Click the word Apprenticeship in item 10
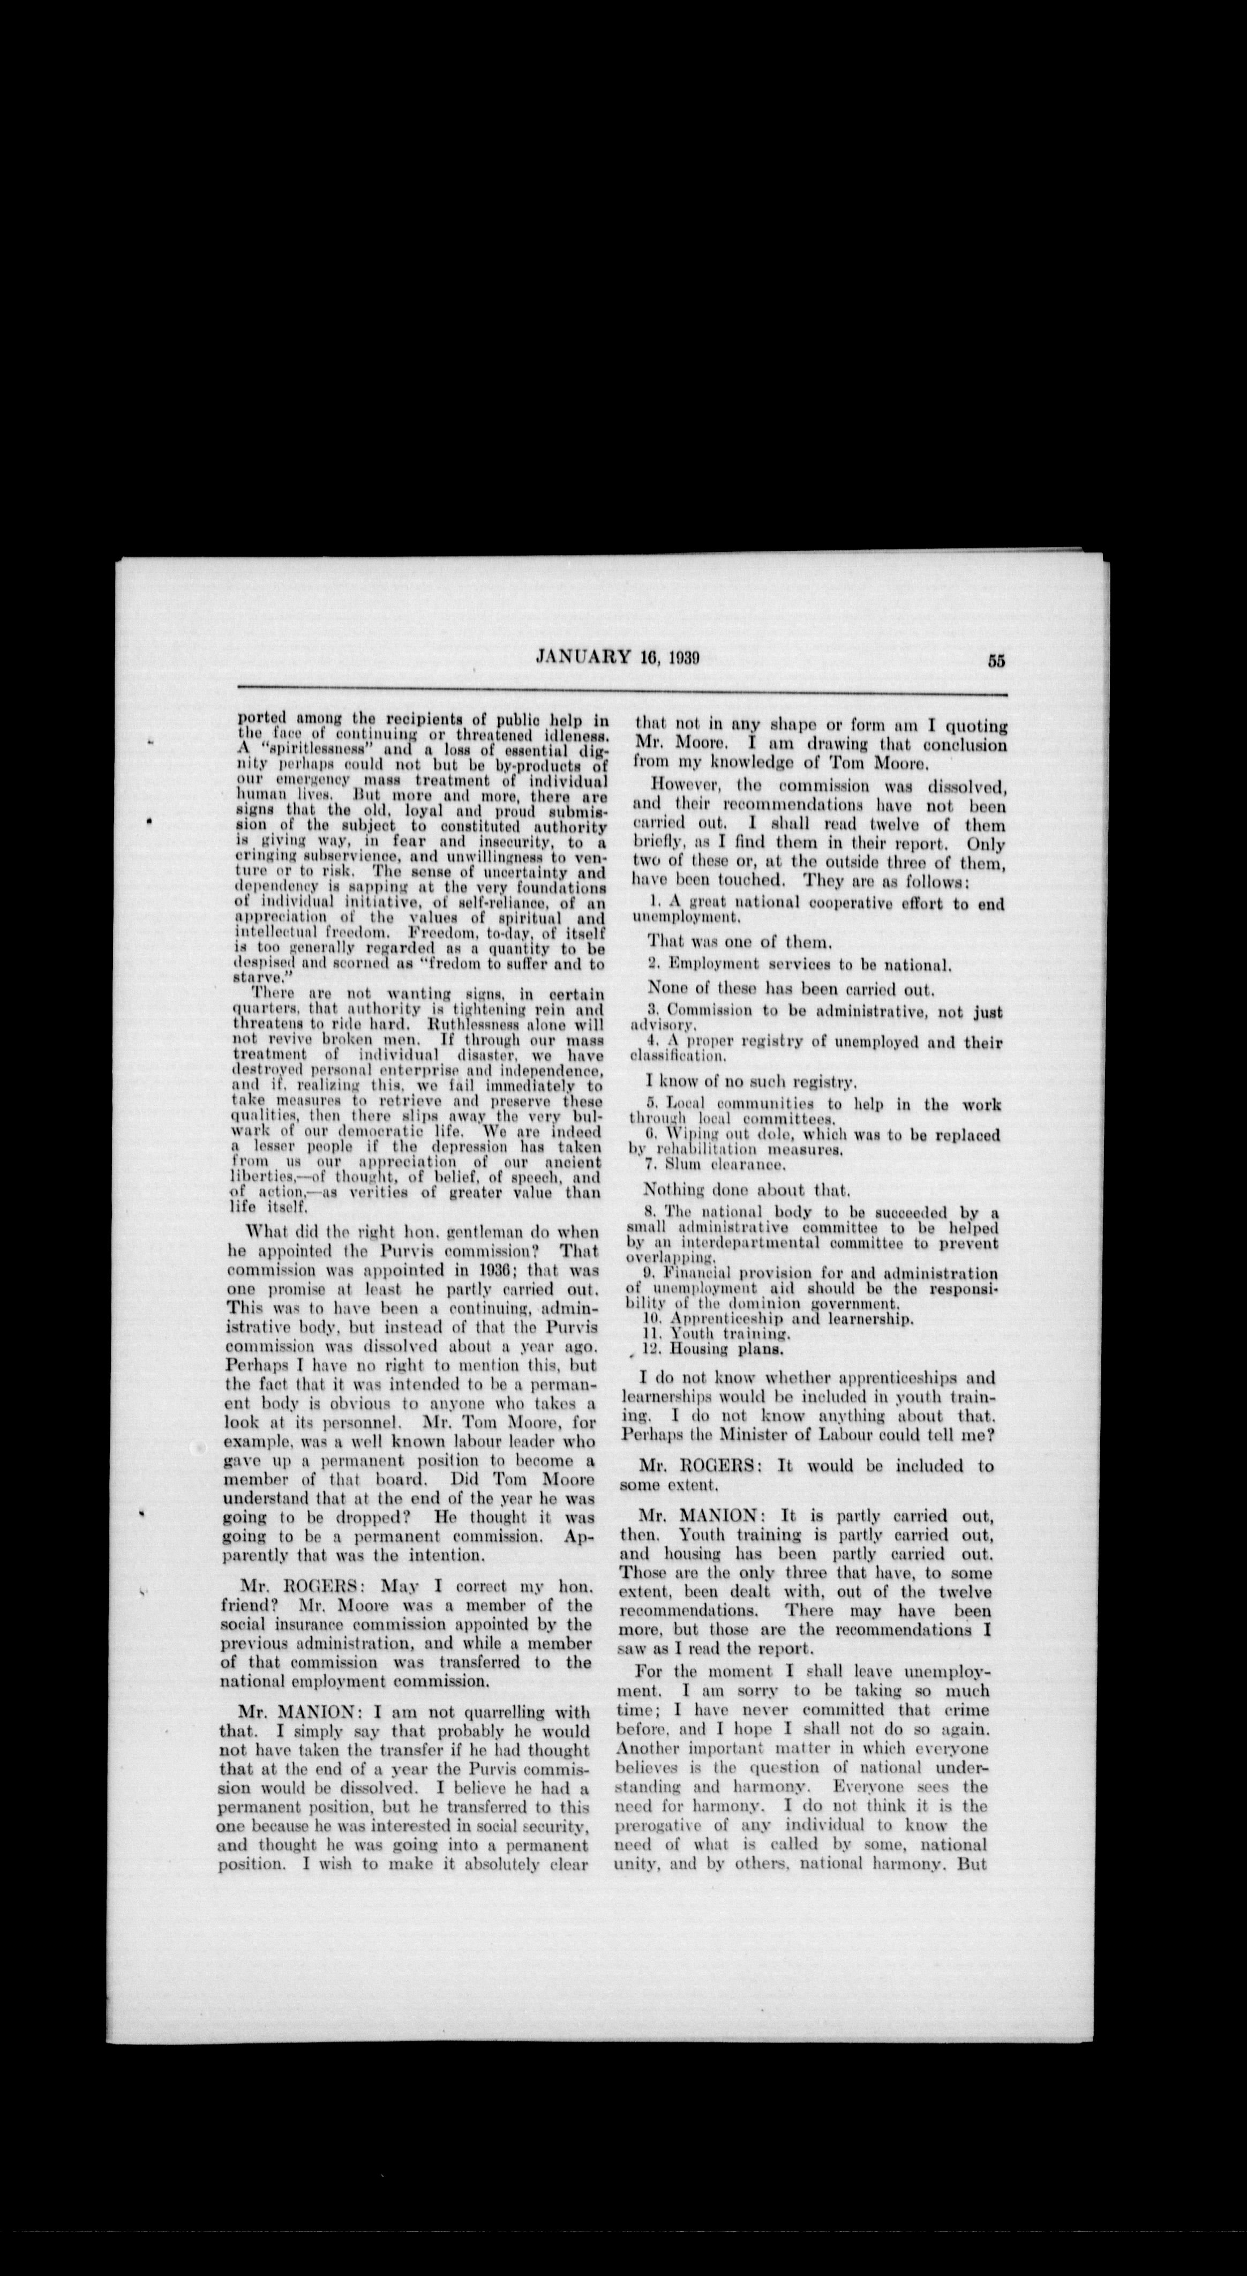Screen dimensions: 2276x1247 point(713,1319)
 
